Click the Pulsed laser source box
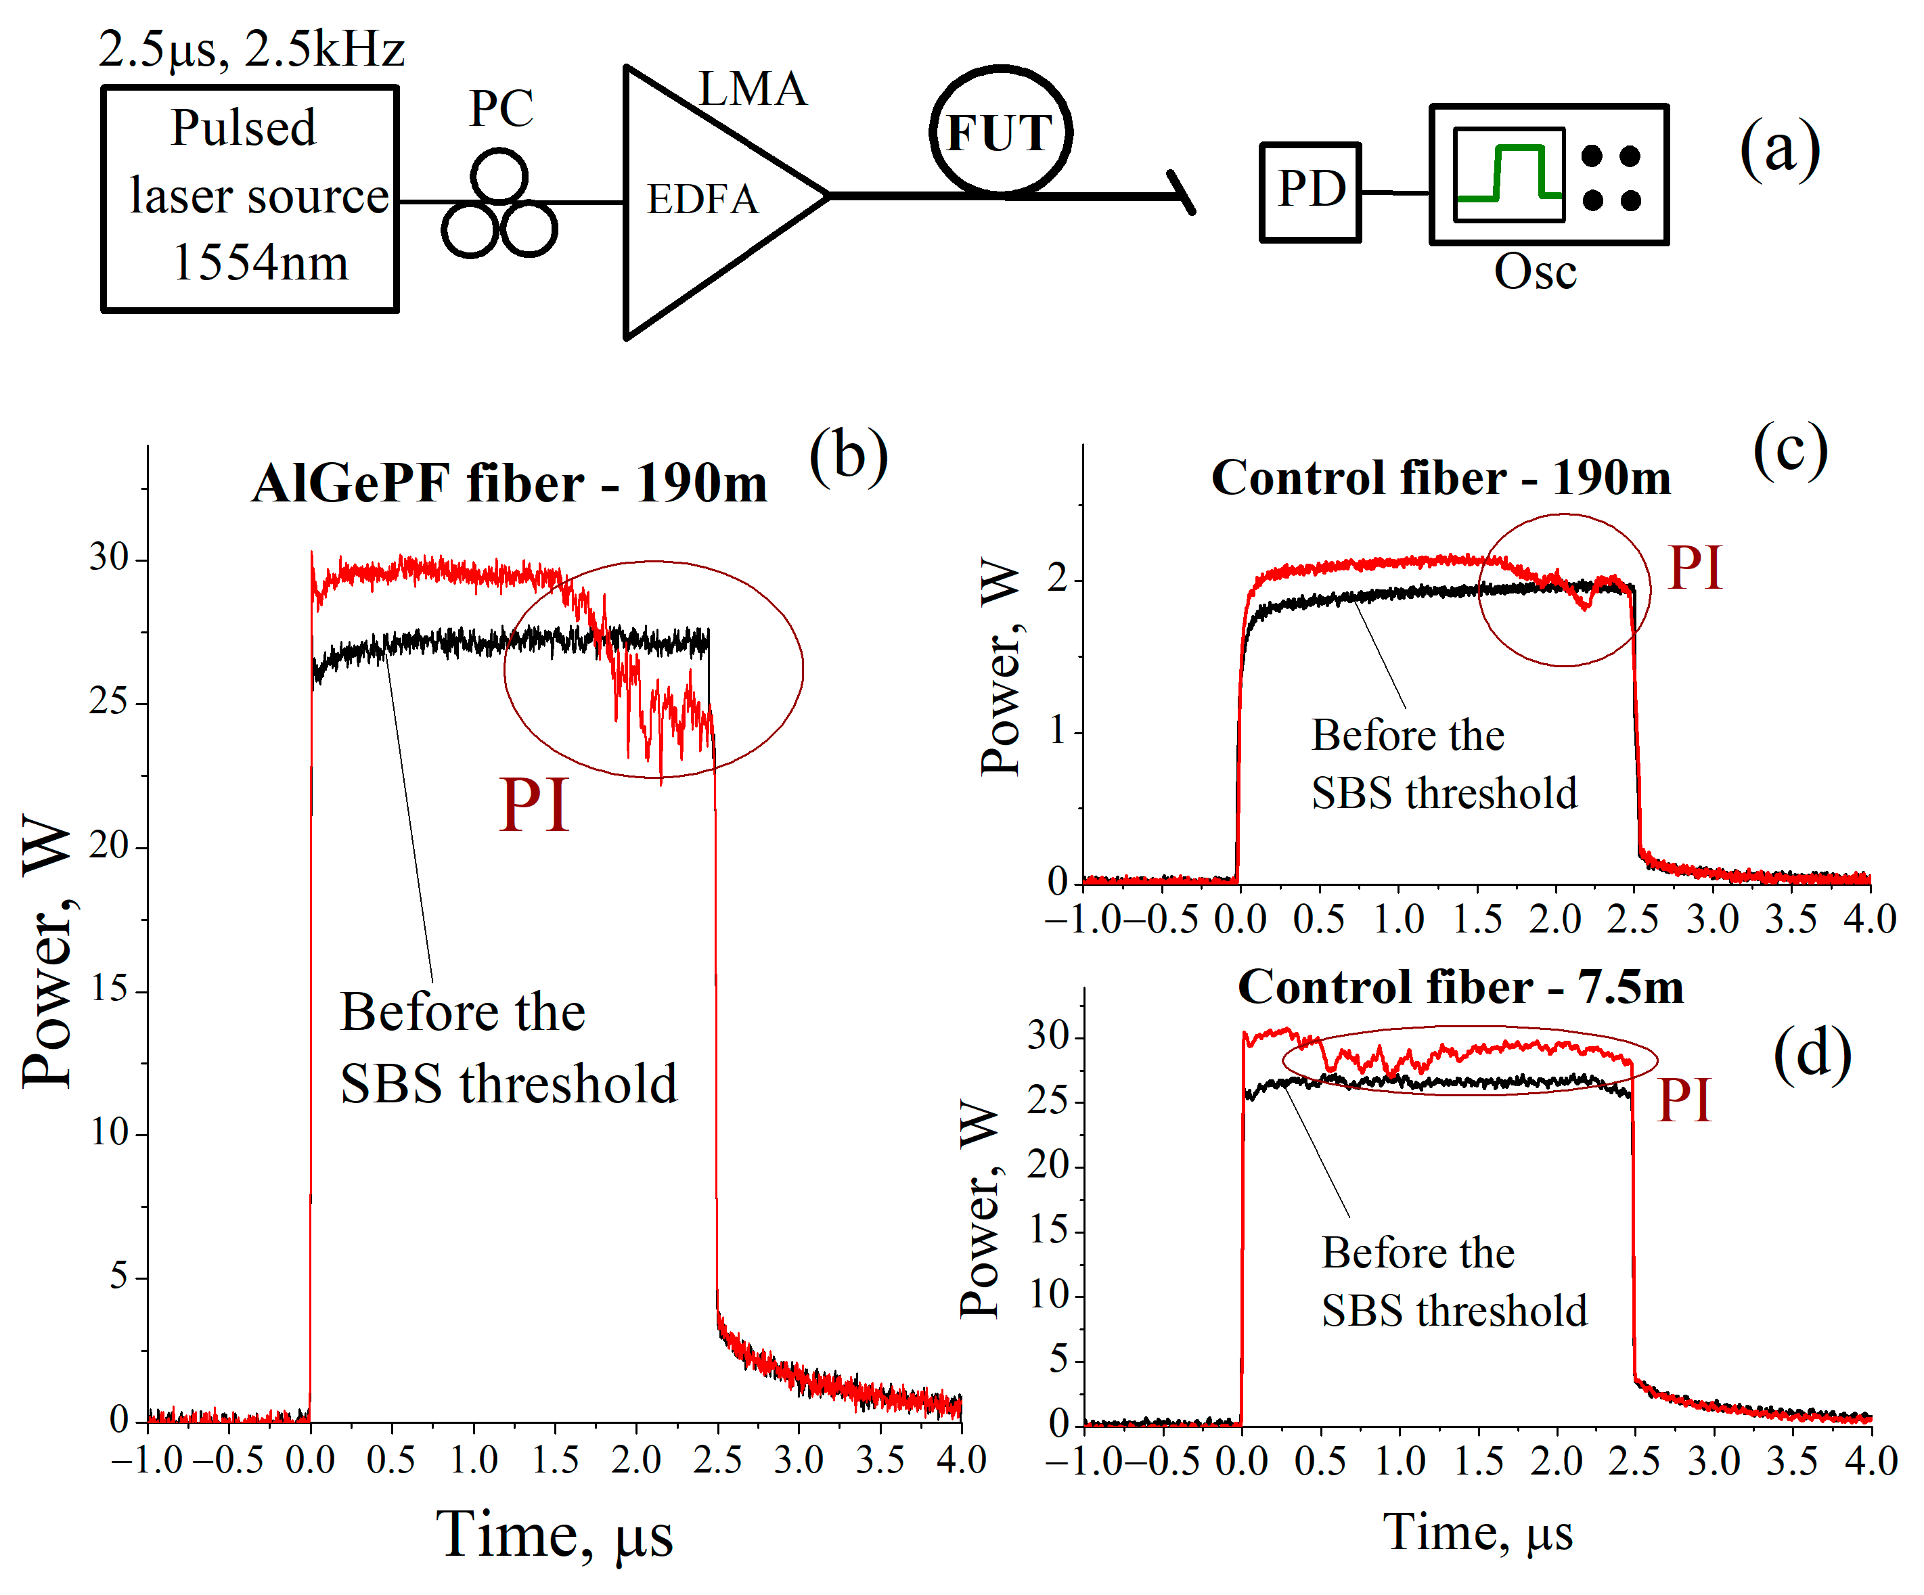point(249,199)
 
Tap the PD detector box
point(1310,191)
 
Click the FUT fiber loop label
point(1000,132)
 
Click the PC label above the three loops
point(501,109)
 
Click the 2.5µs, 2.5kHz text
point(251,49)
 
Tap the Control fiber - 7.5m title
point(1460,987)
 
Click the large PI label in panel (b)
point(534,805)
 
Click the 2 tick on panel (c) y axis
point(1058,579)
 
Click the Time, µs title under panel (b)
point(554,1535)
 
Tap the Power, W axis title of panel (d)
point(978,1209)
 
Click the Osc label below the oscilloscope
point(1535,272)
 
